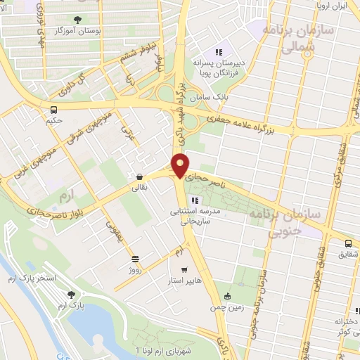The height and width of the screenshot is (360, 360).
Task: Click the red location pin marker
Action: point(181,165)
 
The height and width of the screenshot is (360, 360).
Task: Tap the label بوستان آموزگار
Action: point(85,32)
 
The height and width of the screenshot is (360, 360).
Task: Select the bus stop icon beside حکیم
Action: point(53,109)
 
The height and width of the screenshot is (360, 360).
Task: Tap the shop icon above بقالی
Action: point(139,176)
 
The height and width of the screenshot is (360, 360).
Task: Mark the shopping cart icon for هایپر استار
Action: point(184,269)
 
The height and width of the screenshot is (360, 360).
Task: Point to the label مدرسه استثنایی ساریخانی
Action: point(195,215)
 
